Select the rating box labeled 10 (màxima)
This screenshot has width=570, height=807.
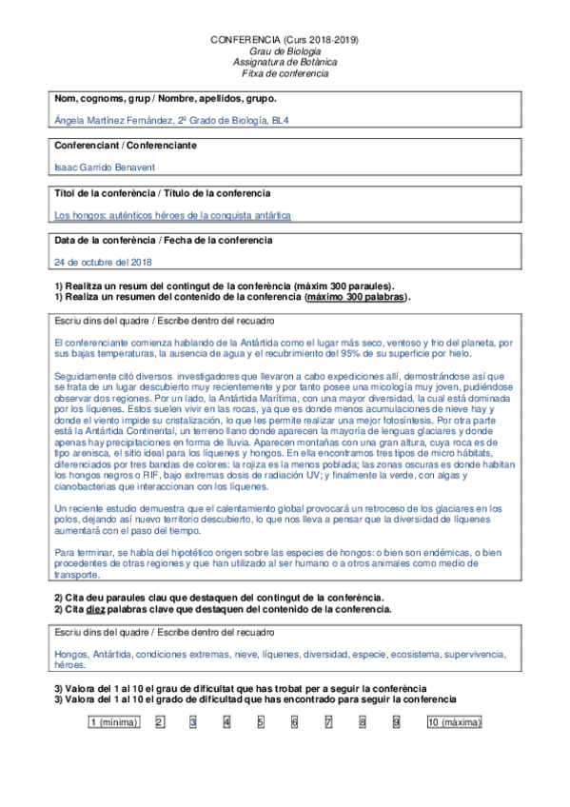point(454,722)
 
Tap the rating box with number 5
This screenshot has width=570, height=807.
point(260,722)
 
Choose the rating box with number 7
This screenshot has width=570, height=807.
point(328,722)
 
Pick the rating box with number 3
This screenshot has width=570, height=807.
point(192,722)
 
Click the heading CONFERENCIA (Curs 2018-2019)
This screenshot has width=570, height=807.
point(285,40)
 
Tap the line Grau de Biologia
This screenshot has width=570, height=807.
point(285,50)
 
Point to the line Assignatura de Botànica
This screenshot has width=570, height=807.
point(285,62)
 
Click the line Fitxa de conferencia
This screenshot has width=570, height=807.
point(285,73)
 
